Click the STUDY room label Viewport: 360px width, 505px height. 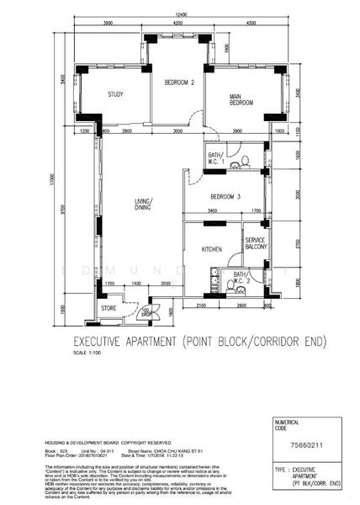[116, 94]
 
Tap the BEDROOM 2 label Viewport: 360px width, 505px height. [179, 82]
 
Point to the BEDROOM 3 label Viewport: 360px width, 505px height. [226, 197]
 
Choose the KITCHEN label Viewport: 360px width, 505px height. [211, 250]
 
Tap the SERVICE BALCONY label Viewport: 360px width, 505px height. [256, 244]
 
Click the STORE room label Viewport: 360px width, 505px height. [109, 308]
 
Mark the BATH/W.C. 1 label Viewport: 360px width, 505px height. [216, 158]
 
